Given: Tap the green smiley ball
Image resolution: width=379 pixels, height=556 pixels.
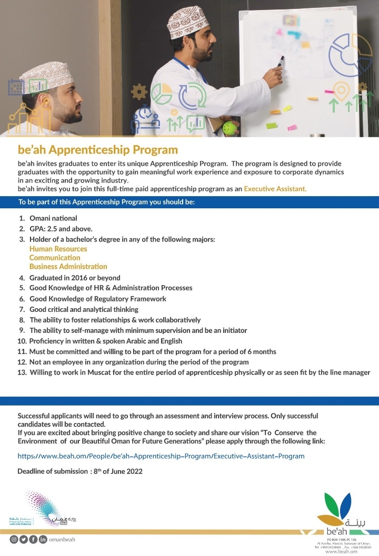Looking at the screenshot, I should (229, 128).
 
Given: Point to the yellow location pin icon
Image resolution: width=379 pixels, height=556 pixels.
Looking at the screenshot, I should (342, 90).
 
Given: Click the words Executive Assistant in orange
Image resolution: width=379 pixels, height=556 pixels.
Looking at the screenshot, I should (275, 188).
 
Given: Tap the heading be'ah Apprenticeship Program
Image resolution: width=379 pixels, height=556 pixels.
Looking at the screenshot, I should (97, 150).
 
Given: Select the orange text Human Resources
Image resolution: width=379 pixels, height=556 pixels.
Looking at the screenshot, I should (58, 249).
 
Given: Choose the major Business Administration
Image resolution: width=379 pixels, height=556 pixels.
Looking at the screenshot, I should (68, 267).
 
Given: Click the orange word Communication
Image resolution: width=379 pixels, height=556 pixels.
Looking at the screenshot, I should (55, 258).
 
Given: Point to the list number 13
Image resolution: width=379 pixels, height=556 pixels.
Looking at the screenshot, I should (22, 372).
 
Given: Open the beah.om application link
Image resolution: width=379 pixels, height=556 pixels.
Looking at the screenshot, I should (161, 456).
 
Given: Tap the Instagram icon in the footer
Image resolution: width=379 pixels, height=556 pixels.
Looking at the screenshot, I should (14, 540).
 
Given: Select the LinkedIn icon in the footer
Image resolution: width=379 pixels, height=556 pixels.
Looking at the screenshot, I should (43, 540).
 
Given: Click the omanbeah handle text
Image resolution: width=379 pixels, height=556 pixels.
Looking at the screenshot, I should (64, 540).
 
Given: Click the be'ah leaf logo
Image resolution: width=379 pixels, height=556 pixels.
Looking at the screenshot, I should (337, 509).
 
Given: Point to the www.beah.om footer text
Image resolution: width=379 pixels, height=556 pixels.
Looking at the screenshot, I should (342, 552).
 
